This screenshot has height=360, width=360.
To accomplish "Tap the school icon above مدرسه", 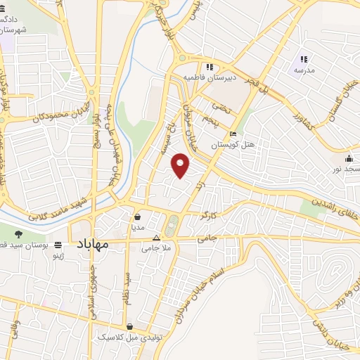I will (x=304, y=59).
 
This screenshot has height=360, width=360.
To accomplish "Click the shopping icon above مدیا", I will (x=136, y=217).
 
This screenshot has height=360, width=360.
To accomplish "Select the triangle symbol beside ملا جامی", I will (x=157, y=238).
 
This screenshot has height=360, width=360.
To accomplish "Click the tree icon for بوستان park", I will (x=18, y=233).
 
